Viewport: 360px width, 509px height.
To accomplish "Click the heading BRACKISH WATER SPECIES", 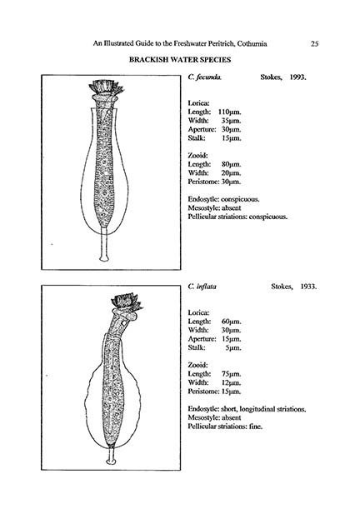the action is [x=179, y=62].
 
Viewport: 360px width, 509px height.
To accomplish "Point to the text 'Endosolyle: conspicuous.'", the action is [x=225, y=199].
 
